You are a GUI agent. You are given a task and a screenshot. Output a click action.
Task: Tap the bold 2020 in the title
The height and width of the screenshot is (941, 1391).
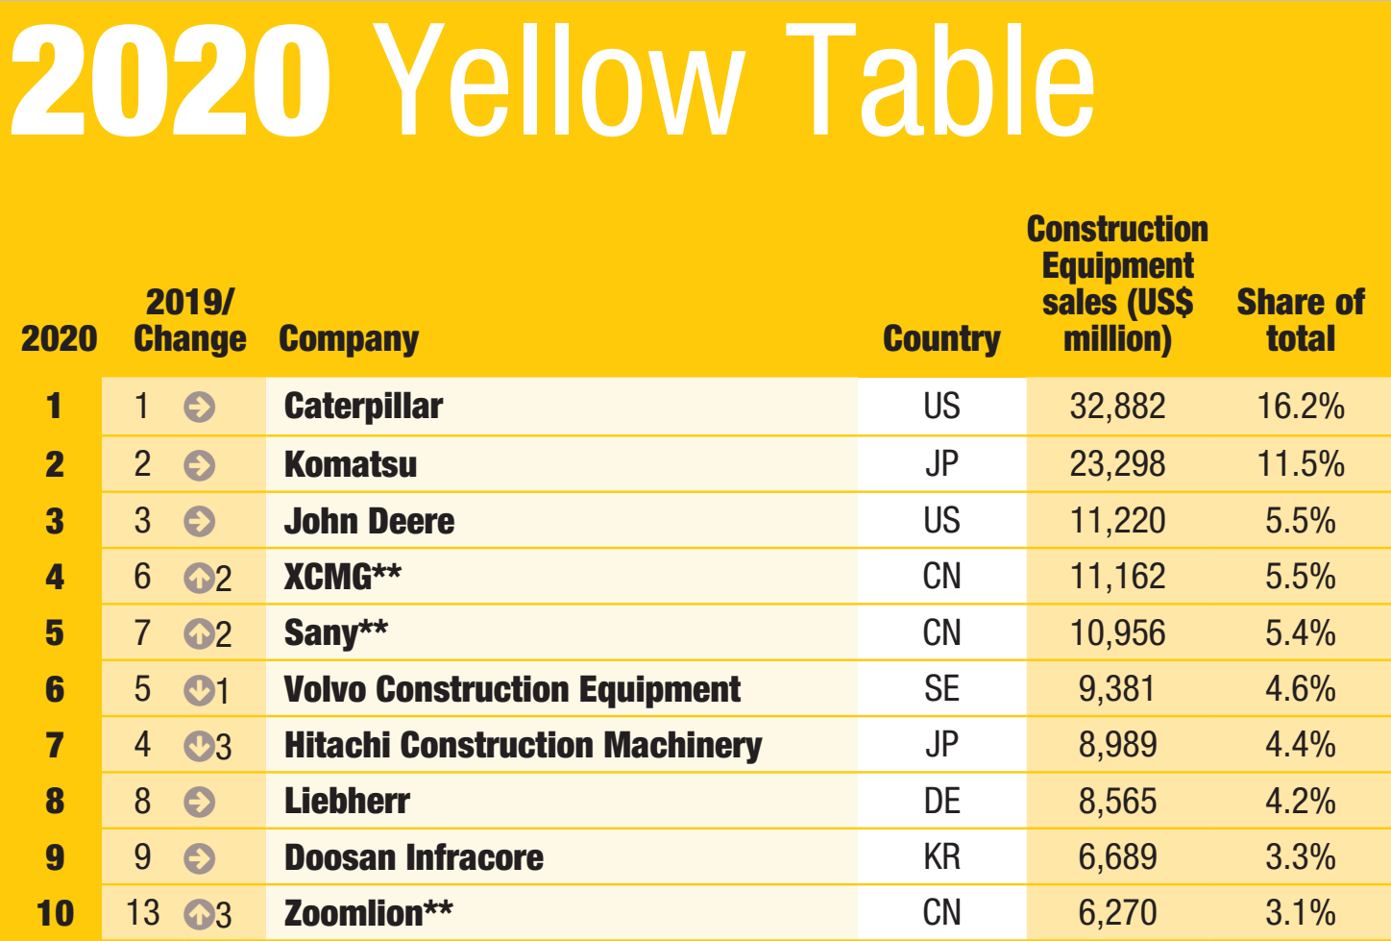[x=171, y=82]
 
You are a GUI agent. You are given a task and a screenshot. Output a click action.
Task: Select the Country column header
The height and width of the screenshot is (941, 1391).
[x=941, y=338]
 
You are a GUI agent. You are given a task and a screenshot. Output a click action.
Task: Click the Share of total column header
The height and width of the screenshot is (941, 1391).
[x=1301, y=320]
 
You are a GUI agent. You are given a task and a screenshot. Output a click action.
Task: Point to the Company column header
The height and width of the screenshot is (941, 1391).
[x=349, y=338]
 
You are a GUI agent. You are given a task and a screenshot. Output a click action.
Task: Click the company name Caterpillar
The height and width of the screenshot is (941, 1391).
[x=363, y=407]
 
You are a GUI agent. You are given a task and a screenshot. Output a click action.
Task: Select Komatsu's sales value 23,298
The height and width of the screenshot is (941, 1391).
[x=1117, y=464]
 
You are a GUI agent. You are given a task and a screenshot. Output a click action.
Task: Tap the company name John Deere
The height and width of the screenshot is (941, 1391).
[x=369, y=521]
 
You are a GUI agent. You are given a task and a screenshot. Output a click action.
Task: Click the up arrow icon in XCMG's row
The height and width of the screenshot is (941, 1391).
[x=199, y=578]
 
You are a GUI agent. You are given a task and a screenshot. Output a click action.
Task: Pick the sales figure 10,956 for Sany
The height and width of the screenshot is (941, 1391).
[x=1117, y=633]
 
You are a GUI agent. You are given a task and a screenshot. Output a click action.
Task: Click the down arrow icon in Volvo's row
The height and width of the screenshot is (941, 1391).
[x=199, y=689]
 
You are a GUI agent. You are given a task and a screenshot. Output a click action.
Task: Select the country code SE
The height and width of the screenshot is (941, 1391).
[x=941, y=689]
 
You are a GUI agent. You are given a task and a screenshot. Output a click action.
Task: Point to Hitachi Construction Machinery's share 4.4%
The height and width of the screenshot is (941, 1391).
[x=1301, y=745]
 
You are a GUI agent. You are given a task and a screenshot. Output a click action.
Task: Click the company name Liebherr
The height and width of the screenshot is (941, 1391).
[x=347, y=801]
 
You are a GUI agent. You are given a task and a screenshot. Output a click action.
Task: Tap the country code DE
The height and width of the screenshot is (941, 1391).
[x=941, y=801]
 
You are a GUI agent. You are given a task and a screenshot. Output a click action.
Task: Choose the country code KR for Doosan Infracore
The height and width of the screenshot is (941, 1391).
[x=941, y=856]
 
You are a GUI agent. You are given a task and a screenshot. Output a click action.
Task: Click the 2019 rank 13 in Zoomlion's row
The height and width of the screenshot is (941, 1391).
[x=143, y=912]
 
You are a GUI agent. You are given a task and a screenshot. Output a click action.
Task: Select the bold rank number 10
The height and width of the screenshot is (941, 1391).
[x=55, y=912]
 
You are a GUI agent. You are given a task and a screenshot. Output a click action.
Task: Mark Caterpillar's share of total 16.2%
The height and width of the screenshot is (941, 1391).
[x=1301, y=407]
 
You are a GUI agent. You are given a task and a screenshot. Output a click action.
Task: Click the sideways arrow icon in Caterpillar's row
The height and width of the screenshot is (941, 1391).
[x=199, y=408]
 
